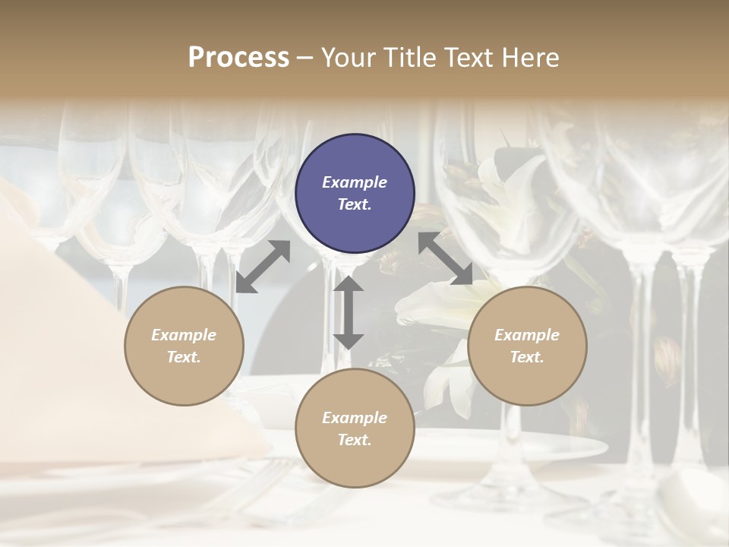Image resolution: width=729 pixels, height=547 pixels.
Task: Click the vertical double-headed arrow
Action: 349,312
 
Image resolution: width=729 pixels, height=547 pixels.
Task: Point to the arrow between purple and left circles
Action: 263,267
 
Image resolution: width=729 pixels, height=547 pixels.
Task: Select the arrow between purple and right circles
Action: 446,258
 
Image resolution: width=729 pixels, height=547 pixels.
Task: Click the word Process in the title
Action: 238,58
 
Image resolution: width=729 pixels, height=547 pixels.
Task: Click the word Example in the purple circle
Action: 355,182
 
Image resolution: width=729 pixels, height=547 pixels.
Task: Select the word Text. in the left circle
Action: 184,357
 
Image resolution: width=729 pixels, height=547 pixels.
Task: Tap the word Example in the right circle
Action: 527,334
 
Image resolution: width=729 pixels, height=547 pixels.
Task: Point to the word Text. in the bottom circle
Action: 355,440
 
